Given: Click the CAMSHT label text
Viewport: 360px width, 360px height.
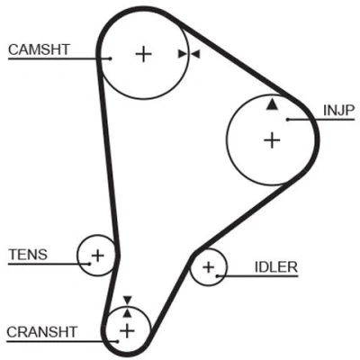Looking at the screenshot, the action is (39, 49).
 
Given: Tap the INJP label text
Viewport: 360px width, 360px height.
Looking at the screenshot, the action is (339, 111).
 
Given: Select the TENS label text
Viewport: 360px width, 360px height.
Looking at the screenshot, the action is (28, 255).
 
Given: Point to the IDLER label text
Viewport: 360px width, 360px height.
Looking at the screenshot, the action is (276, 266).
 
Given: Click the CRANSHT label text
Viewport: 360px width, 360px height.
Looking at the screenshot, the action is (42, 332).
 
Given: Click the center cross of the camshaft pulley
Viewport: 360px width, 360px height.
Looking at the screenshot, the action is (143, 54).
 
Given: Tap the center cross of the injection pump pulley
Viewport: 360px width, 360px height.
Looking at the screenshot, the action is (272, 140).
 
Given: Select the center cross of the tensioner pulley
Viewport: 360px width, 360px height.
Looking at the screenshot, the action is (97, 256).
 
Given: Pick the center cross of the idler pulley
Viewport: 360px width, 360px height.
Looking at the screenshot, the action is (209, 266).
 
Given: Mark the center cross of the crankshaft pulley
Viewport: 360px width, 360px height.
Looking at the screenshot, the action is (127, 331).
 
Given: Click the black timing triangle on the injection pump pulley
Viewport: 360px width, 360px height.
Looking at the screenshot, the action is (272, 104).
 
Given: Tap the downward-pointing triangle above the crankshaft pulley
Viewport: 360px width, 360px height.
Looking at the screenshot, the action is (128, 301).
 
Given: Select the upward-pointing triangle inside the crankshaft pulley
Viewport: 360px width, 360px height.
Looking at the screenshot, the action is (128, 313).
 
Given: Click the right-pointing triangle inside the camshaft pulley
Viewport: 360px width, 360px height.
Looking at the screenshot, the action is (183, 54).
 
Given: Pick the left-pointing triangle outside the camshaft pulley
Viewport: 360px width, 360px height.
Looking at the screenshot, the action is (195, 54).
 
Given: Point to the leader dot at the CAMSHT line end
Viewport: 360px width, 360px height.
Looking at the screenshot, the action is (111, 58).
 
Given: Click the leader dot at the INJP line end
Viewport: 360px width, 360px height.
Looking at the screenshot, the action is (287, 120).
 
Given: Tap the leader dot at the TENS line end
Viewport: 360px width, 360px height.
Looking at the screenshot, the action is (90, 264).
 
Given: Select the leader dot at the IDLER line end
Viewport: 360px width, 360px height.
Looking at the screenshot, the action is (217, 275).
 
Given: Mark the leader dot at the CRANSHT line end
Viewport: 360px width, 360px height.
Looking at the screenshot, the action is (118, 341).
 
